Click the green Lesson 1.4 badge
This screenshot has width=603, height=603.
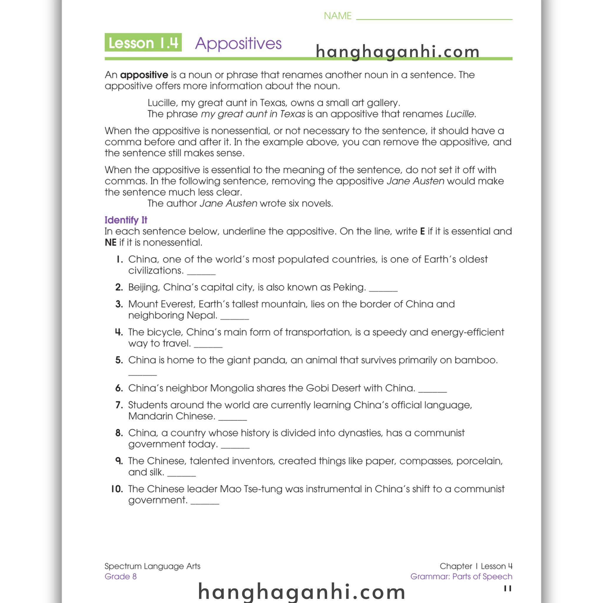[x=143, y=42]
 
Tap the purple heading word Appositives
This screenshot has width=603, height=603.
[x=238, y=43]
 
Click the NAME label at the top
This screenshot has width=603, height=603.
[x=337, y=16]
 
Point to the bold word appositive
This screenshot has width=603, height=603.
[x=144, y=75]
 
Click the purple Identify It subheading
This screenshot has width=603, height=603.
[x=126, y=220]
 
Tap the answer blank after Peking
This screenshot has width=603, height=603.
[x=383, y=289]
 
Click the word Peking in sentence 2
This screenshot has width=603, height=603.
[x=349, y=287]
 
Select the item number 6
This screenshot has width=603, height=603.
[x=119, y=388]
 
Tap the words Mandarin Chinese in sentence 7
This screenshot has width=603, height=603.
[x=171, y=416]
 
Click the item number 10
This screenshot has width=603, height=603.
[x=117, y=489]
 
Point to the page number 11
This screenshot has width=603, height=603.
[x=508, y=588]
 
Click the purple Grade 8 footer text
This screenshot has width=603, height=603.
[x=120, y=577]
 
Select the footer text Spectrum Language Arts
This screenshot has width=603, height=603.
[x=152, y=566]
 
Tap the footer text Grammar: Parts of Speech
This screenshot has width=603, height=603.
[x=461, y=577]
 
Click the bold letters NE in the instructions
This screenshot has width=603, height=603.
[x=110, y=243]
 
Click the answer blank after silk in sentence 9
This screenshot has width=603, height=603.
[x=181, y=475]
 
